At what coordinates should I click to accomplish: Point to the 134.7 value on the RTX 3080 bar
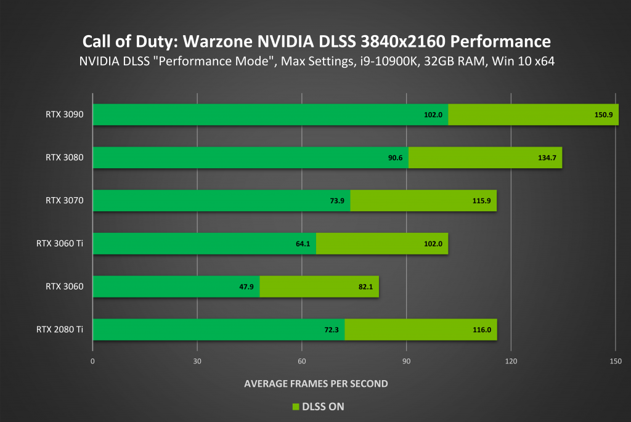coord(547,158)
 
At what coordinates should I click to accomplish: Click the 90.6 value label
coord(395,158)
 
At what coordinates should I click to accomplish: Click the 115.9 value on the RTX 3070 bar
coord(481,201)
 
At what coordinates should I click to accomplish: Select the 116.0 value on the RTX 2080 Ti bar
coord(481,330)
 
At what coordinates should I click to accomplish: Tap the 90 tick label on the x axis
coord(406,361)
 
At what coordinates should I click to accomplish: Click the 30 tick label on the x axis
coord(197,361)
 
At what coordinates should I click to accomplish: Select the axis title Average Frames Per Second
coord(315,383)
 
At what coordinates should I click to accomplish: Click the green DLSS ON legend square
coord(295,407)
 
